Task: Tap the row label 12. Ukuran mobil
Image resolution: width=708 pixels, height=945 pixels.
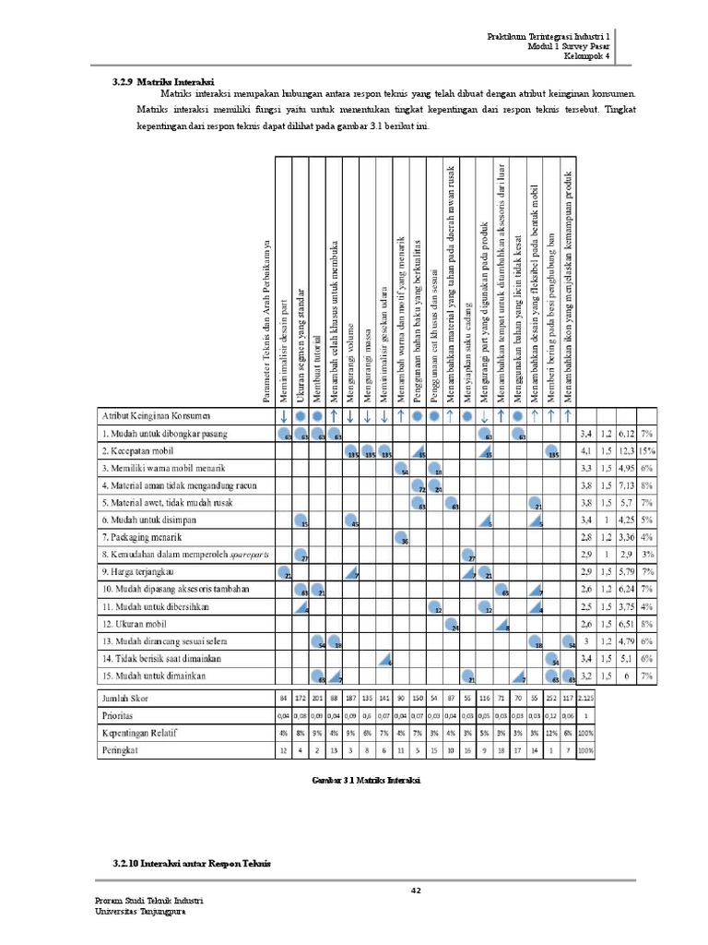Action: pyautogui.click(x=134, y=624)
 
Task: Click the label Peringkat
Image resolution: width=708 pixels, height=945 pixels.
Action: pyautogui.click(x=125, y=751)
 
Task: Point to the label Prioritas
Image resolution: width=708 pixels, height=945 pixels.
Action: pyautogui.click(x=124, y=714)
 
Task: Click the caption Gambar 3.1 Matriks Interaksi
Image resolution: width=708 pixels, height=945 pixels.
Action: pyautogui.click(x=366, y=781)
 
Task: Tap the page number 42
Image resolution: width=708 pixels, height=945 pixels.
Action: pyautogui.click(x=416, y=890)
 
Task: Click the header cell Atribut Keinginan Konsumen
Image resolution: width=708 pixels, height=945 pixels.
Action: pyautogui.click(x=157, y=415)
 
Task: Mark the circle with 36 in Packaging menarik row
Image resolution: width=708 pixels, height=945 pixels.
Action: pyautogui.click(x=402, y=537)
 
